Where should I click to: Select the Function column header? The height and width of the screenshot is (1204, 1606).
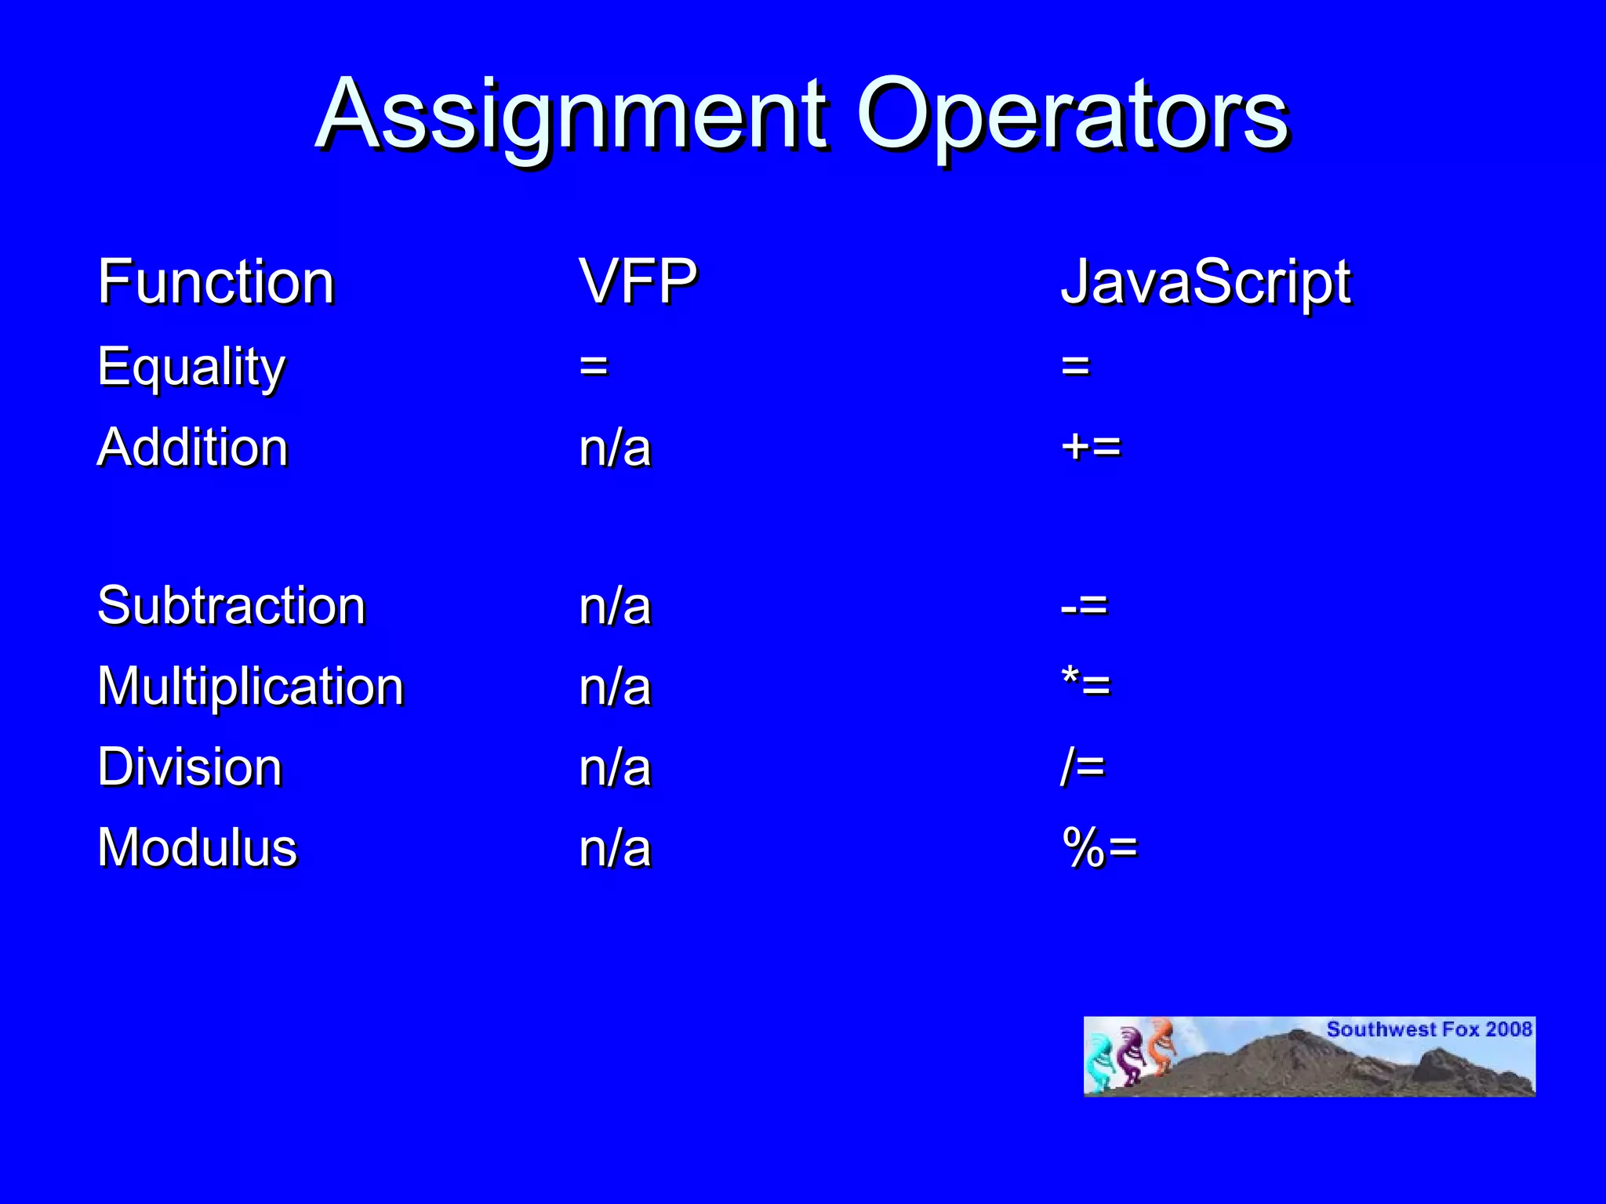pyautogui.click(x=216, y=282)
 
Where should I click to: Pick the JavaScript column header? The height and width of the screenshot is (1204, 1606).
pyautogui.click(x=1205, y=282)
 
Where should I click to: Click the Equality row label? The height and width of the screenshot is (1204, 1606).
pyautogui.click(x=191, y=367)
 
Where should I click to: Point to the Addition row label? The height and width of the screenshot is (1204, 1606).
pyautogui.click(x=193, y=448)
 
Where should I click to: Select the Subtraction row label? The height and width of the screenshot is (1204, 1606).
pyautogui.click(x=231, y=606)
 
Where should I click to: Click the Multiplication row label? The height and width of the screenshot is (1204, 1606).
pyautogui.click(x=250, y=687)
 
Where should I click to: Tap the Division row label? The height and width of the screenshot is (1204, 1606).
pyautogui.click(x=190, y=767)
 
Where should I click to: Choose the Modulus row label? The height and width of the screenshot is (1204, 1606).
pyautogui.click(x=198, y=848)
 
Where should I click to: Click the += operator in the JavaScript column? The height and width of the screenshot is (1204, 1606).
pyautogui.click(x=1091, y=448)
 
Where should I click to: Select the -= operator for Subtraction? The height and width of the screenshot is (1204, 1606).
pyautogui.click(x=1084, y=606)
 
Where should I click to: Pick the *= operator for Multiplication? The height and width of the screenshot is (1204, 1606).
pyautogui.click(x=1086, y=685)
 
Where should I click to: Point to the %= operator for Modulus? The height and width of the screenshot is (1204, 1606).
pyautogui.click(x=1099, y=848)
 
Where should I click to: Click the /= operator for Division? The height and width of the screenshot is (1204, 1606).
pyautogui.click(x=1082, y=767)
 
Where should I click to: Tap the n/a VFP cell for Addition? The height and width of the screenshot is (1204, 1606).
pyautogui.click(x=615, y=449)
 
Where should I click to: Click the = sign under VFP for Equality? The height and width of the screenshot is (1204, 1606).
pyautogui.click(x=594, y=366)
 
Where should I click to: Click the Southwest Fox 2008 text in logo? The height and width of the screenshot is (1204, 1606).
pyautogui.click(x=1429, y=1029)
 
